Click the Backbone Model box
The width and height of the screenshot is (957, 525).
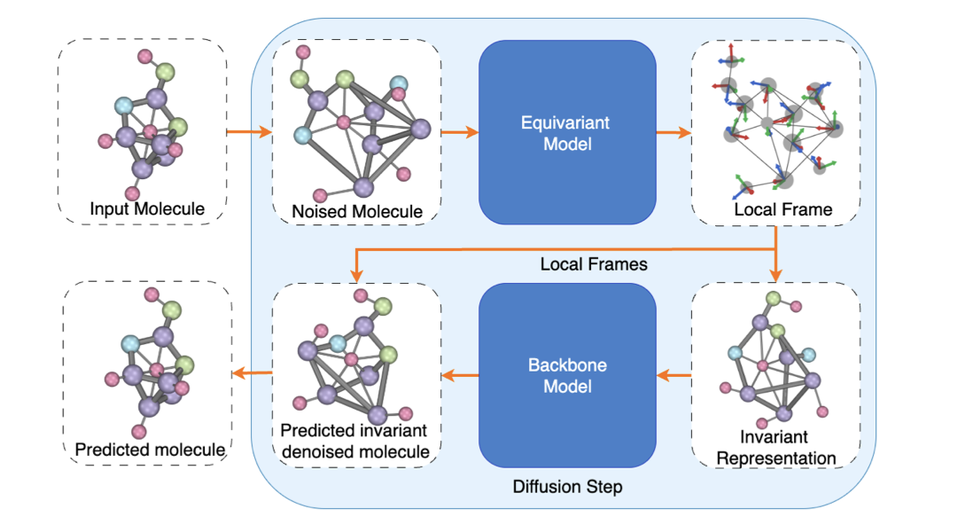[567, 375]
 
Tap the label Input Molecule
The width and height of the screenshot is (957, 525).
[147, 209]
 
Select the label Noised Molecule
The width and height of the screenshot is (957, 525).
[357, 211]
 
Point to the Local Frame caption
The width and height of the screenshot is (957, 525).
[782, 210]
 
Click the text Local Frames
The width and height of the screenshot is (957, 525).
[581, 264]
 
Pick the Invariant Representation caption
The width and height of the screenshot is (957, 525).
[776, 448]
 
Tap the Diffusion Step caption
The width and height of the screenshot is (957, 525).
[567, 487]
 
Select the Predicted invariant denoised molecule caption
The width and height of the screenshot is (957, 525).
[354, 441]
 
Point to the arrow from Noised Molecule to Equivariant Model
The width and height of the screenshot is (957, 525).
[459, 133]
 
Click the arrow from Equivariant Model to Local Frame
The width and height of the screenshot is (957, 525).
[673, 133]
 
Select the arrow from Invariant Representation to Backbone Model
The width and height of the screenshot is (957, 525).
[673, 375]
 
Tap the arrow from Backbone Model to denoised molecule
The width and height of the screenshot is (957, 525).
[460, 375]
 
